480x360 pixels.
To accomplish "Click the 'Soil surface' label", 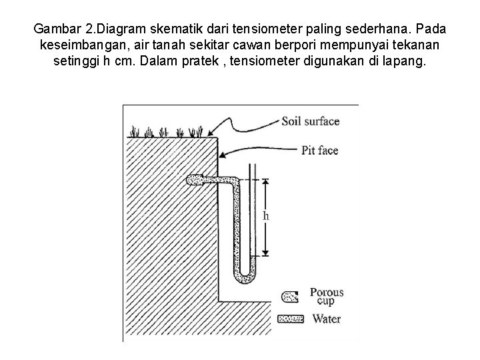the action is point(310,121).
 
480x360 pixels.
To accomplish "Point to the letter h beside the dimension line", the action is point(266,216).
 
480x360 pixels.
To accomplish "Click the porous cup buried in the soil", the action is point(195,181).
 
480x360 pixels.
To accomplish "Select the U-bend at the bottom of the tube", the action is point(244,274).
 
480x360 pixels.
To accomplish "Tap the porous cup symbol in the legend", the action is point(291,296).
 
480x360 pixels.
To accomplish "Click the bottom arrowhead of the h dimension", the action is point(265,253).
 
